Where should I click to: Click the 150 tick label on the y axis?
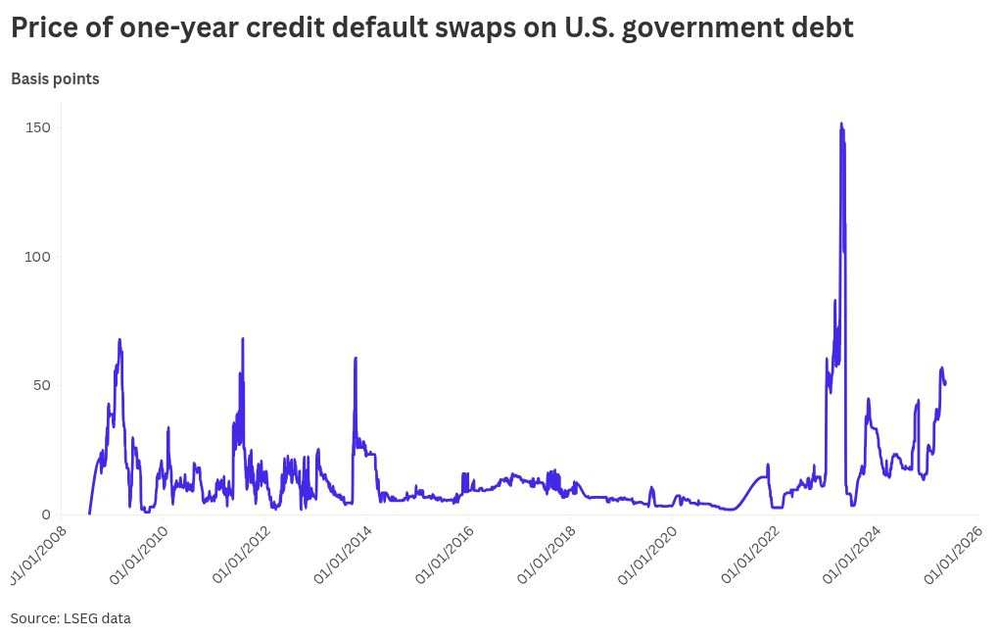pos(37,127)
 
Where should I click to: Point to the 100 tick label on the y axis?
pos(37,257)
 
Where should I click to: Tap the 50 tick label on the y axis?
pos(40,385)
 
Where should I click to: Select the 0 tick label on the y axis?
pos(45,514)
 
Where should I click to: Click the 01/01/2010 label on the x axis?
pos(140,556)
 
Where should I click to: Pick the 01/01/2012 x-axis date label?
pos(242,556)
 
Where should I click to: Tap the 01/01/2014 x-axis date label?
pos(344,556)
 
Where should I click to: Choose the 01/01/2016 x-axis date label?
pos(446,556)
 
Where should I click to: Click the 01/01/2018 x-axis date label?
pos(547,556)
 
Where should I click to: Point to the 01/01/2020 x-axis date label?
pos(649,556)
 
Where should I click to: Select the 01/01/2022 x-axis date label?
pos(751,556)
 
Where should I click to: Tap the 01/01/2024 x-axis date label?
pos(853,556)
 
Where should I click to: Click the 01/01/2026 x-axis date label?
pos(955,556)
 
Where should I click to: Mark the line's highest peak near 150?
pos(841,123)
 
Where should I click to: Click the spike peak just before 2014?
pos(356,358)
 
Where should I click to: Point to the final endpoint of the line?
pos(945,383)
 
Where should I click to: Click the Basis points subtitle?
pos(55,78)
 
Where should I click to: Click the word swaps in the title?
pos(474,27)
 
